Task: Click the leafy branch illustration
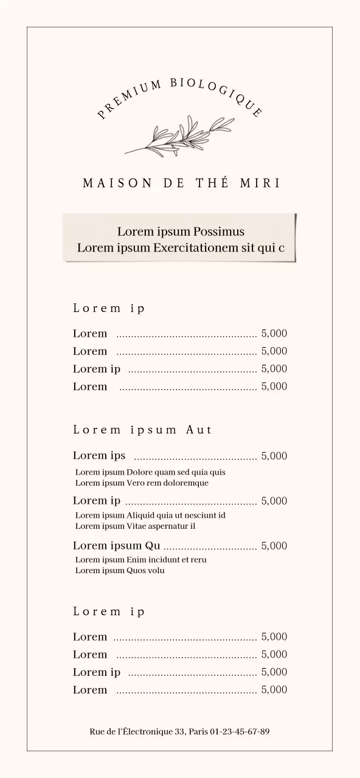[x=179, y=136]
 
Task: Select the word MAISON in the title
[x=117, y=184]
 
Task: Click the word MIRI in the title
[x=260, y=184]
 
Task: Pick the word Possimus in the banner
[x=218, y=232]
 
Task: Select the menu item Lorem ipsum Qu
[x=116, y=546]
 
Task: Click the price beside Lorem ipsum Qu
[x=274, y=546]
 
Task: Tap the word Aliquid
[x=140, y=515]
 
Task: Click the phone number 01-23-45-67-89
[x=240, y=731]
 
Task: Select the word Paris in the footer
[x=198, y=731]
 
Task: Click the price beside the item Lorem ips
[x=274, y=456]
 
